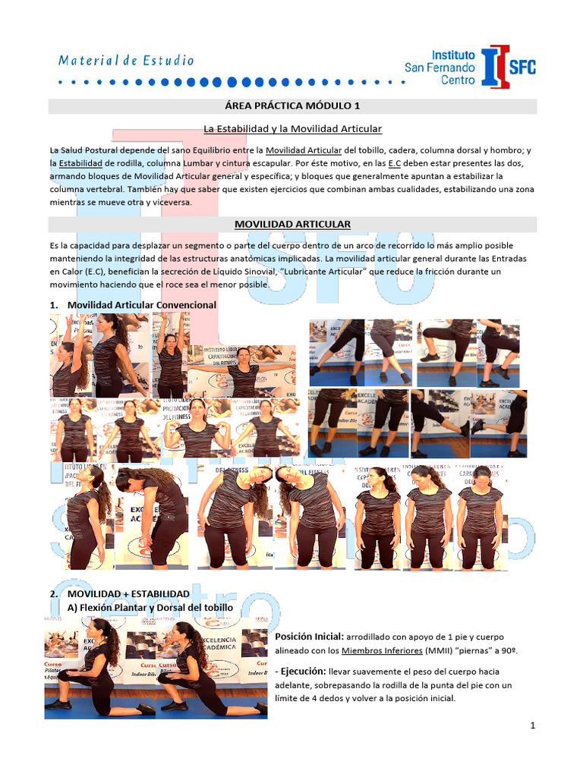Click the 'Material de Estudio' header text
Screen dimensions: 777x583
pyautogui.click(x=127, y=61)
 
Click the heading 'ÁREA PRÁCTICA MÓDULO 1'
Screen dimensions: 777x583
pyautogui.click(x=292, y=105)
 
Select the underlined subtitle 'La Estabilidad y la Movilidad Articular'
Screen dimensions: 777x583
pyautogui.click(x=292, y=129)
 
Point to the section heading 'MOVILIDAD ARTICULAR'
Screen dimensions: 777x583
pyautogui.click(x=292, y=224)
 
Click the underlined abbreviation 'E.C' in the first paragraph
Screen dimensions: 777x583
pyautogui.click(x=395, y=163)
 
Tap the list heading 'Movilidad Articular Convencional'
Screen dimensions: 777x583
pyautogui.click(x=142, y=305)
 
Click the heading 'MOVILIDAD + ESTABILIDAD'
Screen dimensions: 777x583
pyautogui.click(x=128, y=593)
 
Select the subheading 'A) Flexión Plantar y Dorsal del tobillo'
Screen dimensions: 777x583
pyautogui.click(x=150, y=608)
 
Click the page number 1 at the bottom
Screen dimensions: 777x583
pyautogui.click(x=533, y=725)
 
